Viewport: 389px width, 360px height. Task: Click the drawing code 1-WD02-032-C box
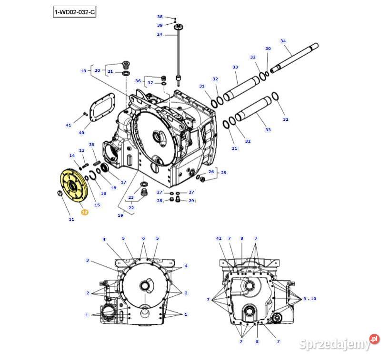pyautogui.click(x=74, y=12)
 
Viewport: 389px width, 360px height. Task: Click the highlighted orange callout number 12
pyautogui.click(x=84, y=212)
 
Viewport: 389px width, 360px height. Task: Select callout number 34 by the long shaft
pyautogui.click(x=283, y=41)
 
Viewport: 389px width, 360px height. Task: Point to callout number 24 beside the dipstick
pyautogui.click(x=160, y=34)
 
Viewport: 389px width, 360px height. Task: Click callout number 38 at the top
pyautogui.click(x=160, y=17)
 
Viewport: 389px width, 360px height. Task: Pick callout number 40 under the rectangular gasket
pyautogui.click(x=81, y=133)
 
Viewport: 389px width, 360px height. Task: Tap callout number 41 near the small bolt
pyautogui.click(x=69, y=125)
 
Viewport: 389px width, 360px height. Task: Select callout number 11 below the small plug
pyautogui.click(x=71, y=219)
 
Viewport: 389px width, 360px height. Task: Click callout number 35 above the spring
pyautogui.click(x=92, y=145)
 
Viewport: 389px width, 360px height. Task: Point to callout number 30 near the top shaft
pyautogui.click(x=268, y=49)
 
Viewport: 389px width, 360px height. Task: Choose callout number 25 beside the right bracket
pyautogui.click(x=223, y=172)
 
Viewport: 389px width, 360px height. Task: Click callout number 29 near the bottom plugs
pyautogui.click(x=191, y=201)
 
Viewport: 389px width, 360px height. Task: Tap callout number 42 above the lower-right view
pyautogui.click(x=219, y=238)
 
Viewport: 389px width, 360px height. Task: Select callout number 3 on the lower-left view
pyautogui.click(x=88, y=260)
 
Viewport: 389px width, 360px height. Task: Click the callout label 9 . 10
pyautogui.click(x=310, y=299)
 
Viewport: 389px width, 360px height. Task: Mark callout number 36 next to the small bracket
pyautogui.click(x=138, y=81)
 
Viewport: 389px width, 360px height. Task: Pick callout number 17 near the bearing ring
pyautogui.click(x=123, y=182)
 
